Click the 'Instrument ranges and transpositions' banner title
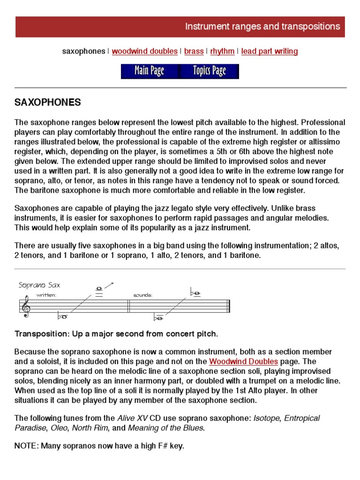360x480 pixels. pyautogui.click(x=262, y=27)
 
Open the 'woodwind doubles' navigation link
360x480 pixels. pyautogui.click(x=145, y=51)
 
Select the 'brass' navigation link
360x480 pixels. pyautogui.click(x=194, y=51)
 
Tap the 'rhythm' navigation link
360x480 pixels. pyautogui.click(x=222, y=51)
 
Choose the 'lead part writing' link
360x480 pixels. pyautogui.click(x=270, y=51)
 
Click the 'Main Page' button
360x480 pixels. pyautogui.click(x=149, y=71)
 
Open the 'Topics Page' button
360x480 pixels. pyautogui.click(x=209, y=71)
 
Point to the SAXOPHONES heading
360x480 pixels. pyautogui.click(x=48, y=102)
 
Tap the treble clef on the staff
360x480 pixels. pyautogui.click(x=24, y=307)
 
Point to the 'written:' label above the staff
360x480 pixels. pyautogui.click(x=46, y=295)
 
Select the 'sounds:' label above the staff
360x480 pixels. pyautogui.click(x=143, y=295)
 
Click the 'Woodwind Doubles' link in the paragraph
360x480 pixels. pyautogui.click(x=243, y=361)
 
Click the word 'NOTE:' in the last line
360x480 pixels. pyautogui.click(x=26, y=446)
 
